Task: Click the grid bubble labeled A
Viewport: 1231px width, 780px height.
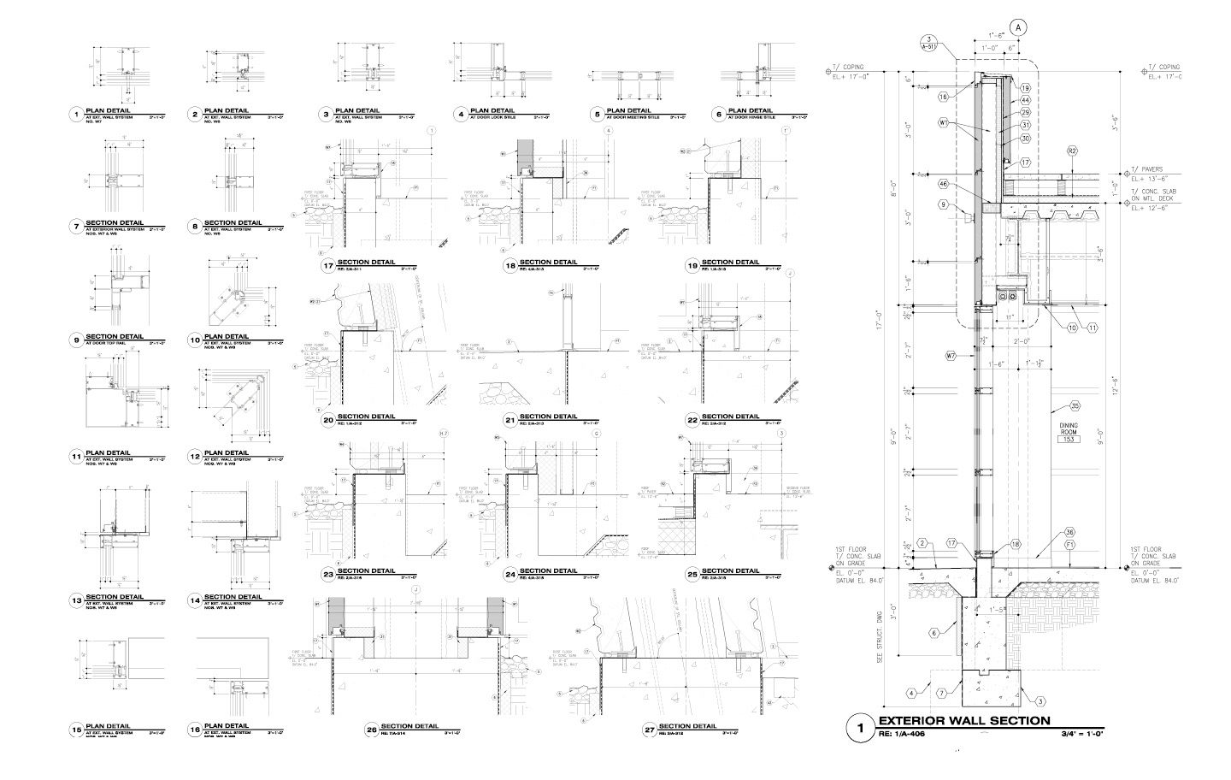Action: pyautogui.click(x=1018, y=27)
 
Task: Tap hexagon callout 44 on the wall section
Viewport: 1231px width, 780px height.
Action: pyautogui.click(x=1026, y=100)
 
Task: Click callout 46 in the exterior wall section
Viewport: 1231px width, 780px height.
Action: pyautogui.click(x=944, y=183)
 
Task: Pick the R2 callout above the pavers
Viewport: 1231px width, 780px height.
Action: pyautogui.click(x=1072, y=151)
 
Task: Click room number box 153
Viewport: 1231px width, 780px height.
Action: pyautogui.click(x=1066, y=439)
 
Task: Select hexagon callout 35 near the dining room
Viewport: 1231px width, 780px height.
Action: pyautogui.click(x=1075, y=405)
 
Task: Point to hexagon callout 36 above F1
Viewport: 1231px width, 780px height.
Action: pyautogui.click(x=1069, y=532)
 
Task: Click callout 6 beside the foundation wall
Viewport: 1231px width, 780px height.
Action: pyautogui.click(x=935, y=634)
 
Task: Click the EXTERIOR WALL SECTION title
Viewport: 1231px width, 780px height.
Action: pyautogui.click(x=963, y=721)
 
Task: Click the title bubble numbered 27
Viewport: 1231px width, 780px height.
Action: pyautogui.click(x=650, y=730)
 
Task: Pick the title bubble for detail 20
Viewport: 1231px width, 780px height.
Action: pyautogui.click(x=327, y=420)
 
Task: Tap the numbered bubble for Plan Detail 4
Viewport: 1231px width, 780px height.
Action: pyautogui.click(x=460, y=114)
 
